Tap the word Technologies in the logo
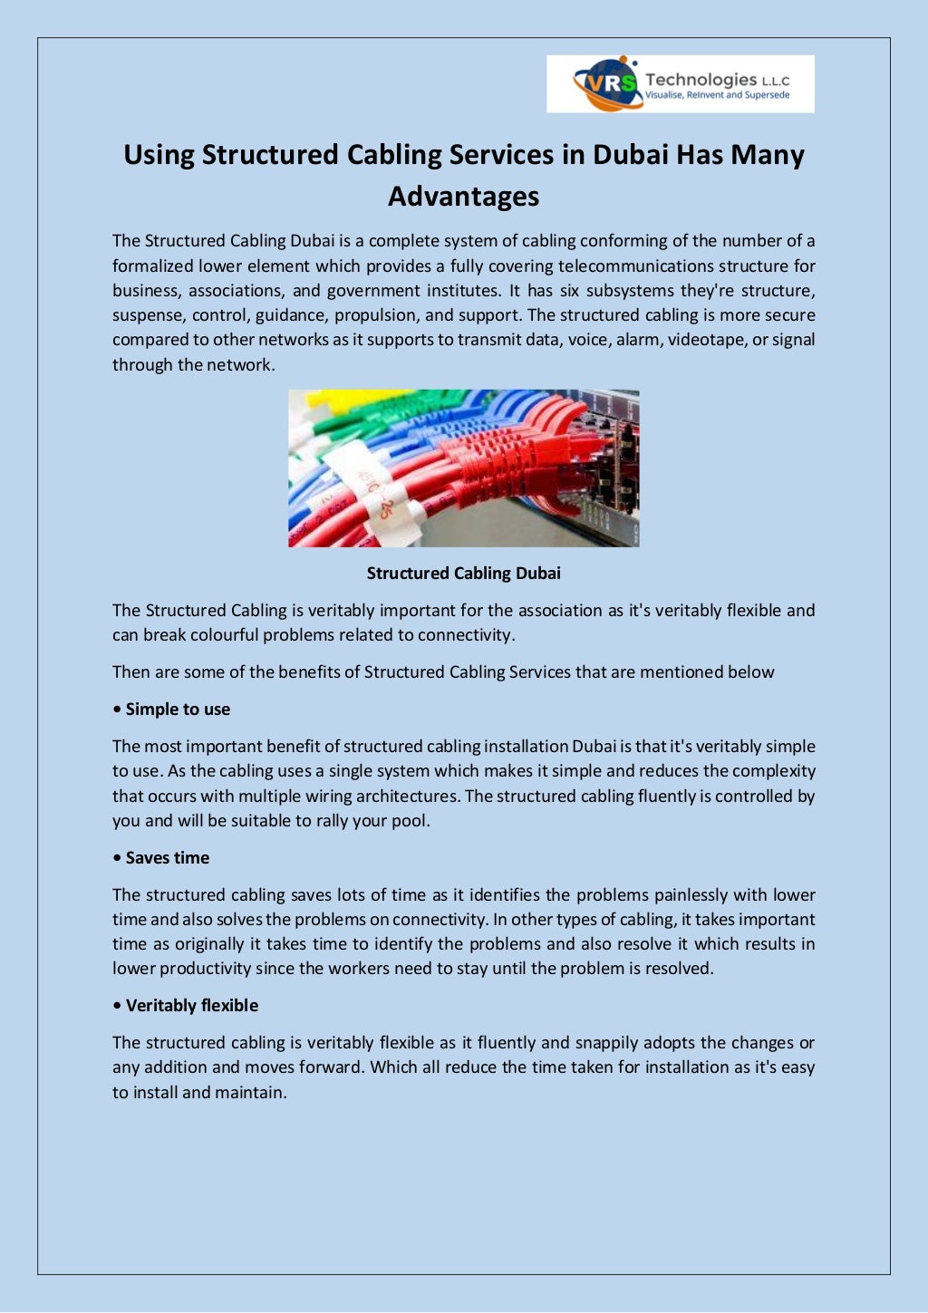700,80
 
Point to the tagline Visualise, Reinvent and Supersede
717,95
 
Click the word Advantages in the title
463,197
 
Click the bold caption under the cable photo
463,574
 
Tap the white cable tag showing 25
379,494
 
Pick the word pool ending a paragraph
411,821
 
